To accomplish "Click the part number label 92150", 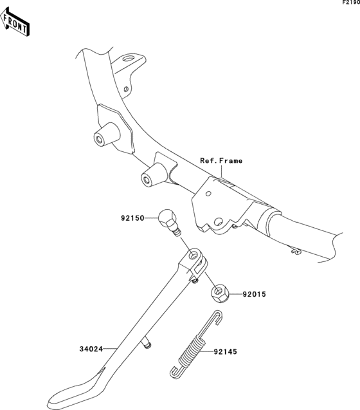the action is (x=132, y=218).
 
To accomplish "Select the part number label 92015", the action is (x=254, y=294).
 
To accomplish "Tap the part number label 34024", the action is (x=91, y=349).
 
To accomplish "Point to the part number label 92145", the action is (x=225, y=351).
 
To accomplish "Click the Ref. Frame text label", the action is (x=221, y=160).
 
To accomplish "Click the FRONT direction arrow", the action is (x=15, y=22).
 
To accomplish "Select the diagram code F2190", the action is (x=352, y=3).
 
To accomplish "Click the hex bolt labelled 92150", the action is (x=169, y=222).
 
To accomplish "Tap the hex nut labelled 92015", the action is (x=220, y=294).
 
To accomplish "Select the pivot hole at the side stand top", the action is (x=194, y=256).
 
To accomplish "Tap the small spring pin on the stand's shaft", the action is (x=147, y=343).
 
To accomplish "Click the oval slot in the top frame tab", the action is (x=129, y=58).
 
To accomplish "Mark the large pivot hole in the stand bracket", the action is (x=218, y=222).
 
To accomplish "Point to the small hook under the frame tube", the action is (x=296, y=251).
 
